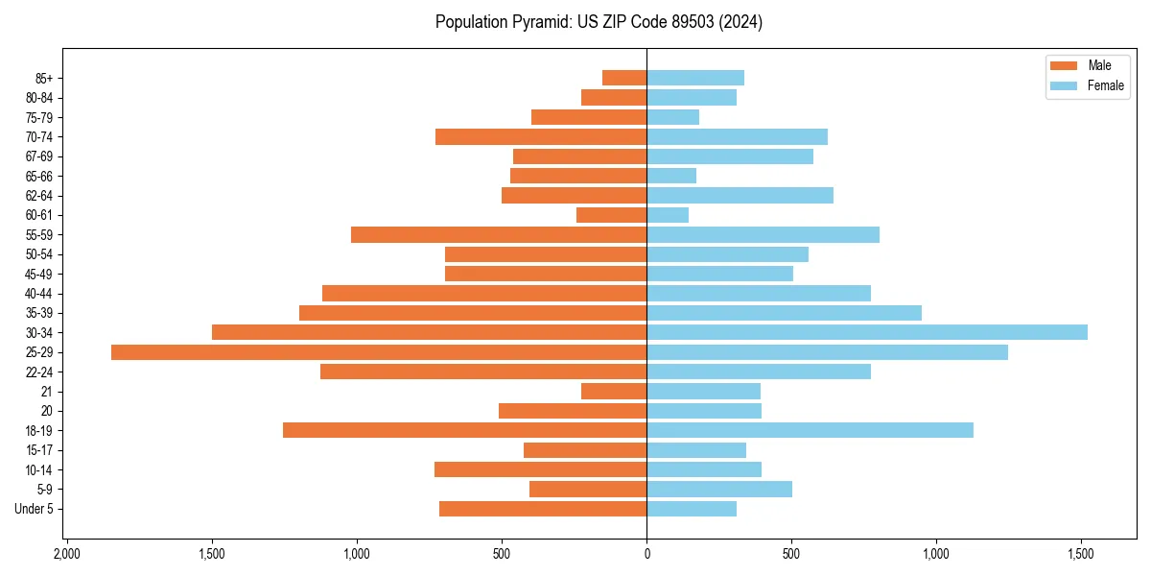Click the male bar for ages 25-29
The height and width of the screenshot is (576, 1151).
379,352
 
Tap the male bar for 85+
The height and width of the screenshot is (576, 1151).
624,78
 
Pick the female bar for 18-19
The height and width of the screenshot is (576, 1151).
810,430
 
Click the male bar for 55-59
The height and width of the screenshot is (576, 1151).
499,234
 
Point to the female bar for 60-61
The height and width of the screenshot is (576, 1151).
668,215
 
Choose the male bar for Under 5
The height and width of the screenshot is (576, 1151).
543,509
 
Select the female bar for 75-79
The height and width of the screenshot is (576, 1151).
673,117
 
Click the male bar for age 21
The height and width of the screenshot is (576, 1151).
614,392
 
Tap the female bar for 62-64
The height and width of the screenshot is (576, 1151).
740,195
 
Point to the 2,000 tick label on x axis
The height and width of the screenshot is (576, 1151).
66,555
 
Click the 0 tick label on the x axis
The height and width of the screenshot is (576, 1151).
646,555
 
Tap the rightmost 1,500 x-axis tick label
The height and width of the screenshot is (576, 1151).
1081,555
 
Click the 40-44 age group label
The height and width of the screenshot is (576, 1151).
39,294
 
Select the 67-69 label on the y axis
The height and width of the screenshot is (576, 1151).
39,156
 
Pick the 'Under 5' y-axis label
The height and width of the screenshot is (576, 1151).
34,509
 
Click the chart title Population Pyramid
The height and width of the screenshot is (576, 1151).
599,22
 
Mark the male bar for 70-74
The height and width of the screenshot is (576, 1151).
541,136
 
